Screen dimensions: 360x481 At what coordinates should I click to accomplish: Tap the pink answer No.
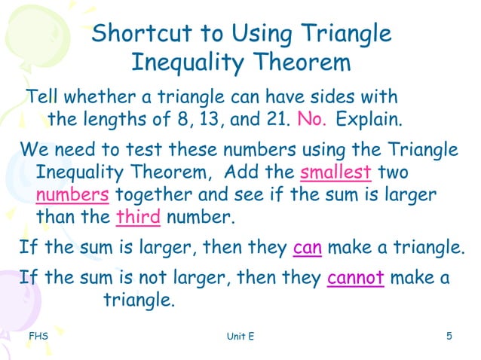tap(313, 119)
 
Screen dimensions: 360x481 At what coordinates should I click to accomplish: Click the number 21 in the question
tap(280, 119)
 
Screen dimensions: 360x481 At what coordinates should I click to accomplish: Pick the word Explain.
tap(369, 119)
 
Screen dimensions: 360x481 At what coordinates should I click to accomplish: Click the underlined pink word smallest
tap(335, 172)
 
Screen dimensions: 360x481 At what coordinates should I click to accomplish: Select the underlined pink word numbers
tap(72, 194)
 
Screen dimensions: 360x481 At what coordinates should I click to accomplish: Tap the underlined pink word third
tap(139, 218)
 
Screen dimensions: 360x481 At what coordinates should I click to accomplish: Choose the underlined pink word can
tap(307, 247)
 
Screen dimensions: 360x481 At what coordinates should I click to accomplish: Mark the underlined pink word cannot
tap(356, 278)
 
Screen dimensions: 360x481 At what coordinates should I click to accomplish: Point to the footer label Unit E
tap(240, 336)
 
